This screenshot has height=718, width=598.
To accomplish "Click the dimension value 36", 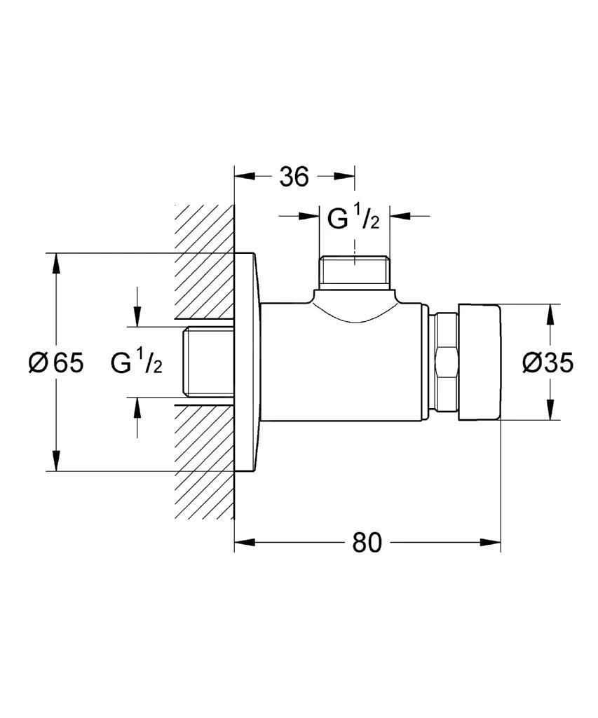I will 294,177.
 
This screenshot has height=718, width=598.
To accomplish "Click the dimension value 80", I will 367,543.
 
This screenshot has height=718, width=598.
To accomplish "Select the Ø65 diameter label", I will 56,363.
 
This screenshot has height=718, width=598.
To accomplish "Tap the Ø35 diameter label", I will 548,363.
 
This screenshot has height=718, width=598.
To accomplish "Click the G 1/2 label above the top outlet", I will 354,219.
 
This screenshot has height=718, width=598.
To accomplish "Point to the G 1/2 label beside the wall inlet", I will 137,363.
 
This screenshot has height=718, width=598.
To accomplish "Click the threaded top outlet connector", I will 354,272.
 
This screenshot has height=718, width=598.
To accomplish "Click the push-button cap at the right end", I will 480,363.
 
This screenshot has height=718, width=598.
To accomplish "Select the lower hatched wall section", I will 204,463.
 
